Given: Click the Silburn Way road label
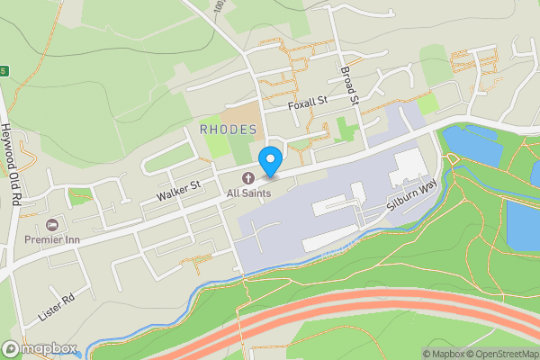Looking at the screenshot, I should [412, 196].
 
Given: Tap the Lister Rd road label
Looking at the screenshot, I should [55, 308].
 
